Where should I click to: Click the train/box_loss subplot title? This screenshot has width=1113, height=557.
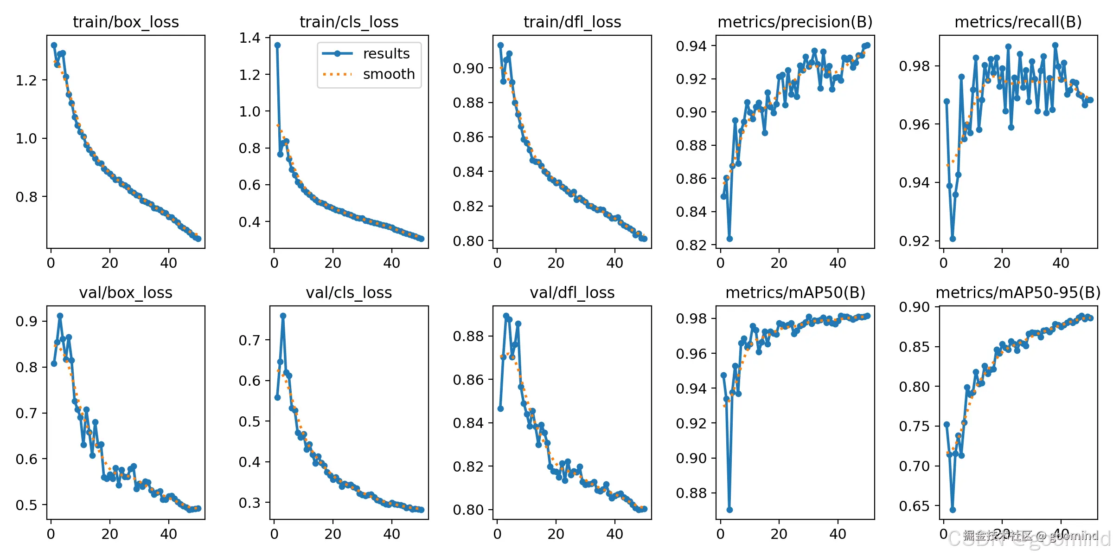click(x=126, y=22)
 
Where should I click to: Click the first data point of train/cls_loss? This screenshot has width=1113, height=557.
click(x=277, y=45)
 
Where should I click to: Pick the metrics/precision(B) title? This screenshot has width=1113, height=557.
click(x=795, y=22)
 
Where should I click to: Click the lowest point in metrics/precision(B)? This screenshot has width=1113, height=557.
click(x=729, y=239)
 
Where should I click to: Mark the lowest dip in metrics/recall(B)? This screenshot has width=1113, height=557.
click(x=953, y=239)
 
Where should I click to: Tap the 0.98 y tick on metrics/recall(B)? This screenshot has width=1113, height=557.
click(x=914, y=66)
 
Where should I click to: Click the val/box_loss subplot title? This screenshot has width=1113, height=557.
click(x=126, y=293)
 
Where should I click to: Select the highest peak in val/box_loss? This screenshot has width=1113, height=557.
click(x=60, y=316)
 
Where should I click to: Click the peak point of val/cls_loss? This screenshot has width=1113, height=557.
click(x=283, y=316)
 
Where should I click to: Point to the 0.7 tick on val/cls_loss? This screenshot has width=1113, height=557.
click(x=249, y=340)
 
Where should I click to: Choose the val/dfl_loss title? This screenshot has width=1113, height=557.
click(x=572, y=293)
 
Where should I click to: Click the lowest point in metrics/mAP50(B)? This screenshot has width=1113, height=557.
click(x=729, y=510)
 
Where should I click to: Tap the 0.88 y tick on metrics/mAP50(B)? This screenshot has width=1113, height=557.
click(x=691, y=493)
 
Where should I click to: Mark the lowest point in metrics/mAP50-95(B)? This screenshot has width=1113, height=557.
click(x=953, y=510)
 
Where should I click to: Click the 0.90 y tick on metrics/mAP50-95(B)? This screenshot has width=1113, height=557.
click(x=914, y=307)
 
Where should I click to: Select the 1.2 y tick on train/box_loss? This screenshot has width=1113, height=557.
click(x=26, y=80)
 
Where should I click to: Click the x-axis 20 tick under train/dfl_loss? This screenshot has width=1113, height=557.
click(x=556, y=263)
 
